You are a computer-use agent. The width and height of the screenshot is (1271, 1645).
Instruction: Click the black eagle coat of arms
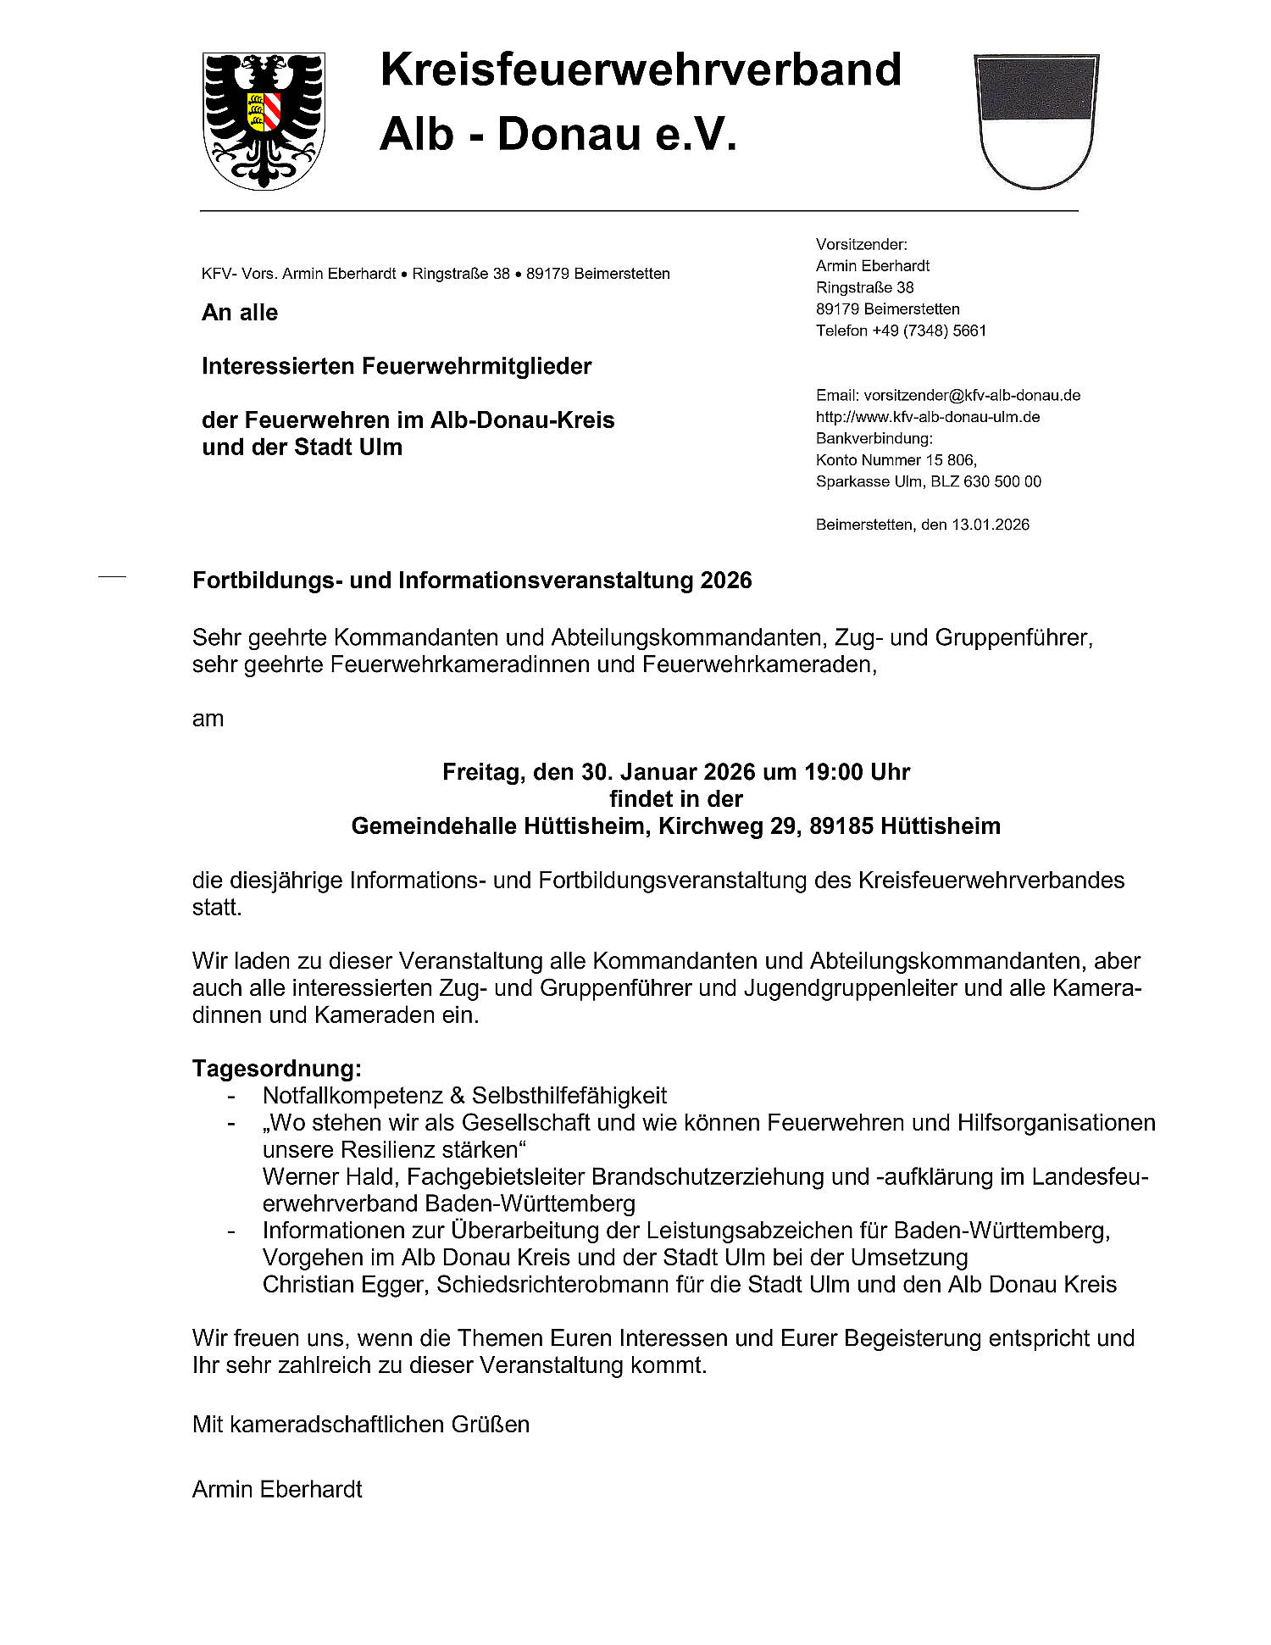[264, 120]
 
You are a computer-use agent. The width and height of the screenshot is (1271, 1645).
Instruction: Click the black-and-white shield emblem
[1036, 120]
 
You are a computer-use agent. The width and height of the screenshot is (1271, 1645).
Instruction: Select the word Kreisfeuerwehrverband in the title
[641, 69]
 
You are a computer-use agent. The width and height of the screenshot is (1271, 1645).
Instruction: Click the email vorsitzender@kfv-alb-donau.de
[972, 395]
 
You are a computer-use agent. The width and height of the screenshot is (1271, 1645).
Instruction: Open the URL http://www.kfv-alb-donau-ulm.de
[928, 417]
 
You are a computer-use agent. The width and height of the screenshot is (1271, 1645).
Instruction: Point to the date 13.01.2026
[991, 525]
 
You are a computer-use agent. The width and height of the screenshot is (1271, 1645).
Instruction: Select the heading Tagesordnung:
[277, 1068]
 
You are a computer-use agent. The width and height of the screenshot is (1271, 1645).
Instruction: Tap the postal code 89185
[841, 825]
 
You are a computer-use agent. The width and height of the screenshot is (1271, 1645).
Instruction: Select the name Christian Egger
[344, 1284]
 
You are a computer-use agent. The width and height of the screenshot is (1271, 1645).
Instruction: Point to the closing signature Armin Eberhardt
[277, 1489]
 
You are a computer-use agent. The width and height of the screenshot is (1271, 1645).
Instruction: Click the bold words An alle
[240, 313]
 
